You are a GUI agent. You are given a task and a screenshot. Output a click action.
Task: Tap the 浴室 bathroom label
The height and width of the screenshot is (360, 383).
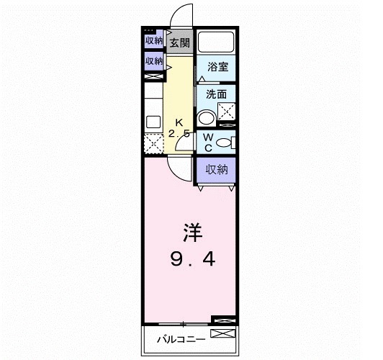pyautogui.click(x=218, y=67)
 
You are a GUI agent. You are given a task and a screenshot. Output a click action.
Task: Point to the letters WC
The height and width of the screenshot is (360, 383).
pyautogui.click(x=207, y=142)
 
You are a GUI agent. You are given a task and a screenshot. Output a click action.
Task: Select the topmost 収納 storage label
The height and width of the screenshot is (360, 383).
pyautogui.click(x=154, y=41)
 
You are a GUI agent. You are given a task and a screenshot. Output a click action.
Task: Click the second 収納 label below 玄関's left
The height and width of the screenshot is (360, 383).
pyautogui.click(x=154, y=61)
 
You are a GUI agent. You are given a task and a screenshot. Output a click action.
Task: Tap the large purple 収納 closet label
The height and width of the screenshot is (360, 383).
pyautogui.click(x=217, y=170)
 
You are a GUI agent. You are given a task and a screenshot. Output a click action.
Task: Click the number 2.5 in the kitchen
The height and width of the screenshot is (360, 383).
pyautogui.click(x=179, y=134)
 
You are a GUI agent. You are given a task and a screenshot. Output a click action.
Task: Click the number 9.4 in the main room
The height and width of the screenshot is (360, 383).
pyautogui.click(x=191, y=256)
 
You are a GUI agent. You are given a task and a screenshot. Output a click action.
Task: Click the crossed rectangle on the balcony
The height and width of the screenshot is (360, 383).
pyautogui.click(x=222, y=335)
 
